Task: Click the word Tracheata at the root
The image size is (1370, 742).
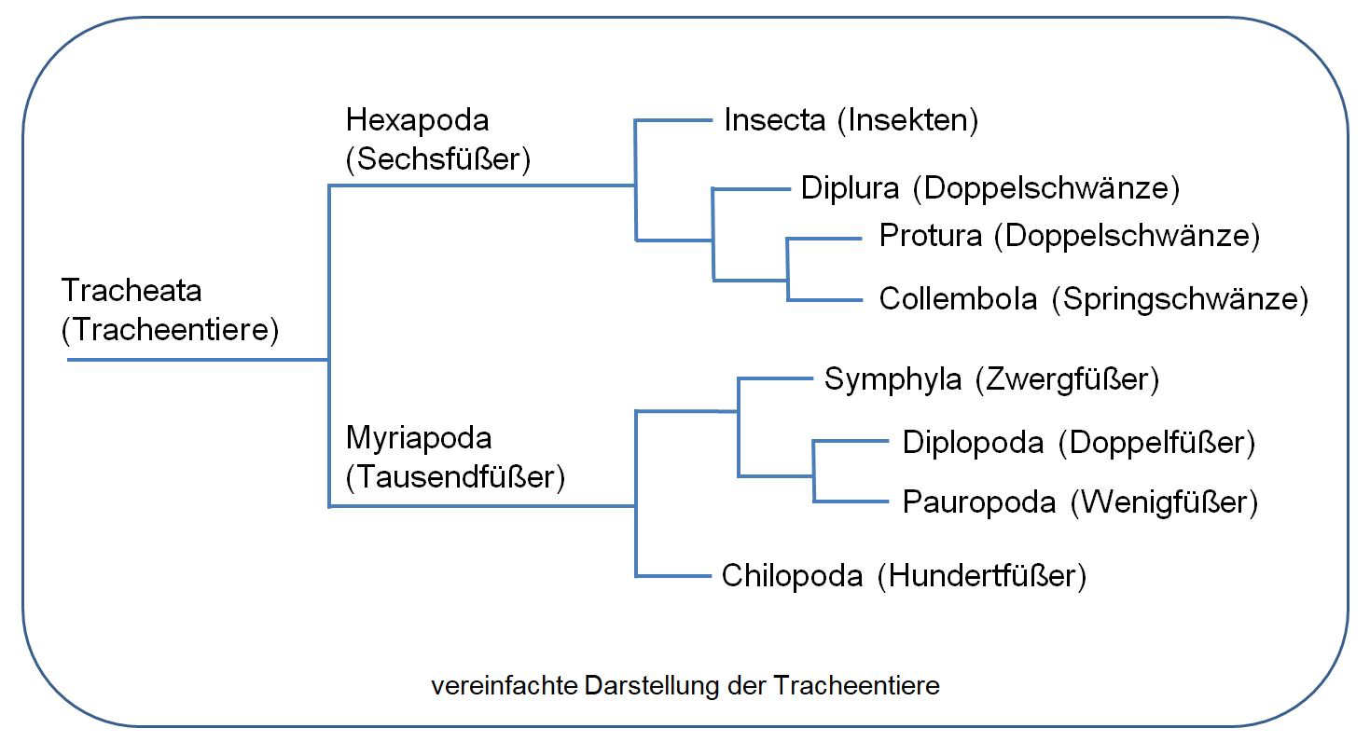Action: (131, 291)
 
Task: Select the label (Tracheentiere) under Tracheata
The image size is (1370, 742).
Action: (171, 331)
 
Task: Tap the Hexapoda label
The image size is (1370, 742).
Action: (417, 119)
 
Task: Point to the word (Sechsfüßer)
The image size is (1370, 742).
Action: (438, 159)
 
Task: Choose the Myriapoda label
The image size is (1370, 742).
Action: (419, 437)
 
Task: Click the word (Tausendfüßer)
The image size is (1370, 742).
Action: (456, 478)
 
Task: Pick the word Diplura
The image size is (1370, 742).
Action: (850, 188)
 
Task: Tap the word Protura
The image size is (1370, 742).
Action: (930, 236)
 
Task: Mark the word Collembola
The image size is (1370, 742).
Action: (958, 299)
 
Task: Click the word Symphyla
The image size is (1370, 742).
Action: (893, 380)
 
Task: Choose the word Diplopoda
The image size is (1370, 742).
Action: (973, 442)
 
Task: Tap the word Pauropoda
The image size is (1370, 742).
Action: (979, 502)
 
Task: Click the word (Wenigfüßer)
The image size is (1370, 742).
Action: (1164, 502)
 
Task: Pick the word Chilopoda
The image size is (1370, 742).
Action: (792, 576)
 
